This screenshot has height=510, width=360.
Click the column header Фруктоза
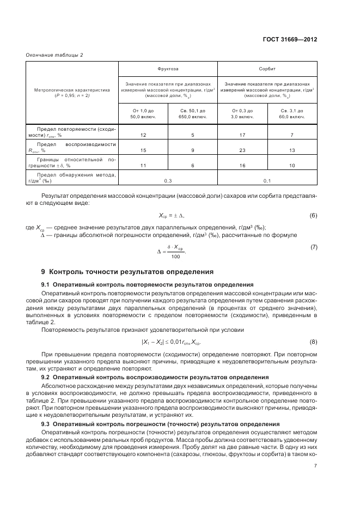click(168, 70)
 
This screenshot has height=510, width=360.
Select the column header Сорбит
click(267, 70)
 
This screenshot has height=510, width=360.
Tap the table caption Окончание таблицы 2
click(54, 54)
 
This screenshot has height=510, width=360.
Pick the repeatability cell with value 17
click(242, 134)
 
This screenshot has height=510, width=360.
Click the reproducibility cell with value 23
click(242, 150)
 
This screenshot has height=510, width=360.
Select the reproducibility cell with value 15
click(143, 150)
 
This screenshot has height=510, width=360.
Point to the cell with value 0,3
click(168, 180)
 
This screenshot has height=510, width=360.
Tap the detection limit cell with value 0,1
click(267, 180)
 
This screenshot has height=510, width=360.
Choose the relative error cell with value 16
click(242, 165)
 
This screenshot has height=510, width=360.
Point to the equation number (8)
click(313, 342)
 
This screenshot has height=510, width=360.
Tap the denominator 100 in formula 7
click(175, 257)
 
